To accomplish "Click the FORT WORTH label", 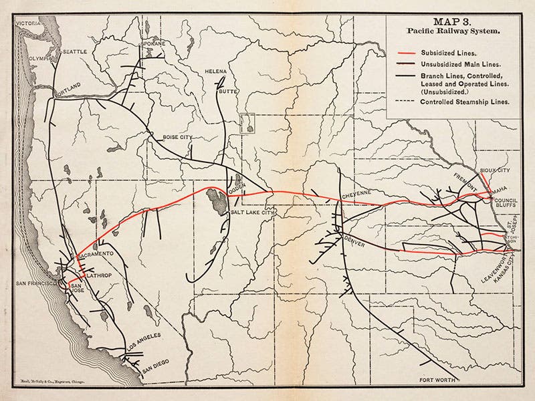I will [x=437, y=378].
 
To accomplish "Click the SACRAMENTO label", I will [x=98, y=255].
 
